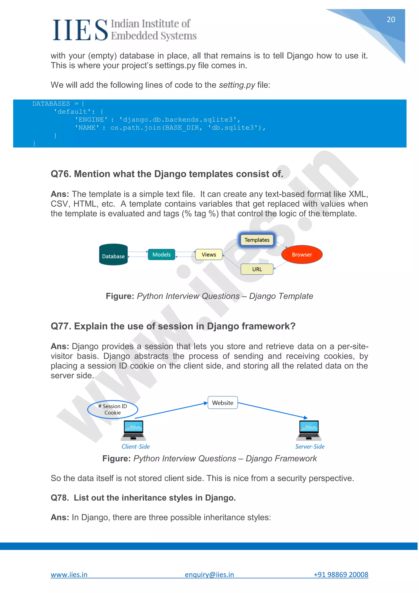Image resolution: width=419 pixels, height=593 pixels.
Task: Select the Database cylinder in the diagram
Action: coord(113,255)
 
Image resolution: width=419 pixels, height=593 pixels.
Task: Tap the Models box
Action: coord(161,255)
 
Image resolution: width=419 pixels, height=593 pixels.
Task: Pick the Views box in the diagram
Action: coord(209,255)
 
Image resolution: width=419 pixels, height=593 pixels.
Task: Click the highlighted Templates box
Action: coord(257,240)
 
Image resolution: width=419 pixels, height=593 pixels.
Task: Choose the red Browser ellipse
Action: coord(302,255)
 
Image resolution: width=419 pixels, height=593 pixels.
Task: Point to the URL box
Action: coord(257,269)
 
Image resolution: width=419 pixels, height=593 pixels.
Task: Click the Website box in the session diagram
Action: coord(223,403)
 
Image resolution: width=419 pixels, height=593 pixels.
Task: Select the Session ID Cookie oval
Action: coord(113,409)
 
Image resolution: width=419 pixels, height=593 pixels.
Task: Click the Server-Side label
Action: coord(310,447)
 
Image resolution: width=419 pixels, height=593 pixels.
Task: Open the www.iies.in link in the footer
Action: coord(69,575)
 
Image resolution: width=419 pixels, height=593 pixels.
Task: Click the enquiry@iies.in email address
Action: coord(209,575)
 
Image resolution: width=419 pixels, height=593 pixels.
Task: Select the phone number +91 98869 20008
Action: coord(341,575)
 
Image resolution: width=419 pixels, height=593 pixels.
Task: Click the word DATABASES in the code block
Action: coord(51,104)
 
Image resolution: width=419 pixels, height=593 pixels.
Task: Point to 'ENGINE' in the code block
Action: coord(91,120)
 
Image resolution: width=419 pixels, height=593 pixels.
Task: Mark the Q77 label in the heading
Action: coord(61,326)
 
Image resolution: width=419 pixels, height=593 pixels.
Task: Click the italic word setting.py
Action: coord(237,85)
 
